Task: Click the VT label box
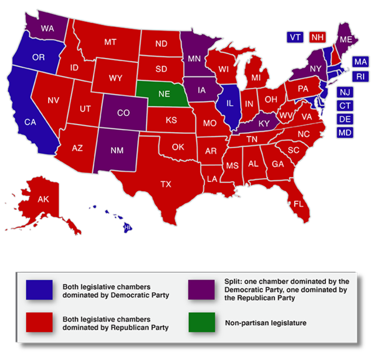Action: pyautogui.click(x=295, y=37)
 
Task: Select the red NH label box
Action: pyautogui.click(x=318, y=37)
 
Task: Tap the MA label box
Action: pyautogui.click(x=360, y=62)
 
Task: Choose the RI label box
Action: pyautogui.click(x=360, y=76)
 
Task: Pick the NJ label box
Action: pyautogui.click(x=345, y=92)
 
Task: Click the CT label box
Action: pyautogui.click(x=345, y=105)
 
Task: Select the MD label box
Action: pyautogui.click(x=345, y=133)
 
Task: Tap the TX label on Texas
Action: pyautogui.click(x=166, y=184)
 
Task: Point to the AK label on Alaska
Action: pyautogui.click(x=43, y=200)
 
